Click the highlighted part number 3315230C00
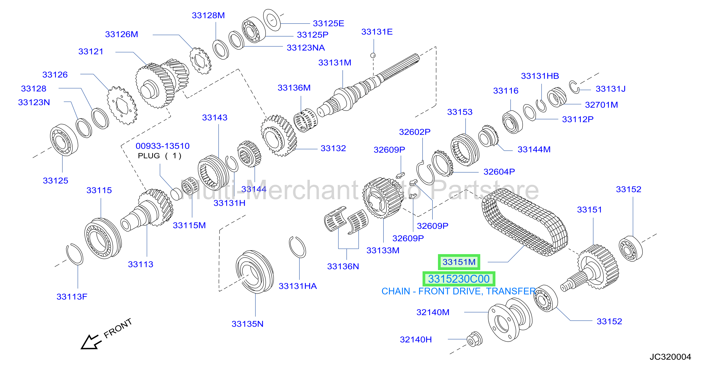(x=459, y=279)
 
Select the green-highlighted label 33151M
(x=459, y=262)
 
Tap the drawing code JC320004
(x=670, y=357)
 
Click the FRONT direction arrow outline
(x=90, y=342)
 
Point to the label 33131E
(x=377, y=32)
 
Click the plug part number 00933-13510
(x=162, y=146)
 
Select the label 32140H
(x=416, y=339)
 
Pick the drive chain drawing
(x=525, y=222)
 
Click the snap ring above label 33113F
(x=75, y=254)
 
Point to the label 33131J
(x=610, y=89)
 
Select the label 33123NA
(x=306, y=48)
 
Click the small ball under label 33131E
(x=373, y=55)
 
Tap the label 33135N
(x=247, y=324)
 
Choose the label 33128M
(x=208, y=15)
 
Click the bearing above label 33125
(x=64, y=139)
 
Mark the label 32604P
(x=499, y=172)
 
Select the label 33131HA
(x=297, y=286)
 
